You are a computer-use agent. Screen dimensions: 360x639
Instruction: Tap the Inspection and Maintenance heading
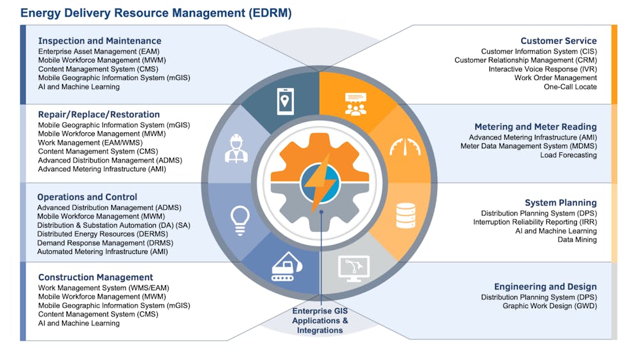pyautogui.click(x=100, y=41)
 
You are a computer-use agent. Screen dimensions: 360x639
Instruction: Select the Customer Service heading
pyautogui.click(x=558, y=41)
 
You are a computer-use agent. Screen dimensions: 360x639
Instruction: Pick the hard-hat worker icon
pyautogui.click(x=236, y=148)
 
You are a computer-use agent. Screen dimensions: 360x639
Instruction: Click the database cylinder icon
pyautogui.click(x=406, y=215)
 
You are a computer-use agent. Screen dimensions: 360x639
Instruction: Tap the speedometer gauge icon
pyautogui.click(x=405, y=148)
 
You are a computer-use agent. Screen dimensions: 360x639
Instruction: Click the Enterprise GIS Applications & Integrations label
pyautogui.click(x=320, y=320)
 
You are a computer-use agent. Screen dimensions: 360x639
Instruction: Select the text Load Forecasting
pyautogui.click(x=568, y=155)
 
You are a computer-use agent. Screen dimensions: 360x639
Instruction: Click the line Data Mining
pyautogui.click(x=576, y=240)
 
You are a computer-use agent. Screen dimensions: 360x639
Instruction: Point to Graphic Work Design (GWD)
pyautogui.click(x=550, y=306)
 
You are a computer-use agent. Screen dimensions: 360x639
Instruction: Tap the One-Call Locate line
pyautogui.click(x=570, y=87)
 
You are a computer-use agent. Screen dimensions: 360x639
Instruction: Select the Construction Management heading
pyautogui.click(x=96, y=278)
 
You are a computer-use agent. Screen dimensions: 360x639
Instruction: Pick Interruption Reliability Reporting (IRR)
pyautogui.click(x=535, y=222)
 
